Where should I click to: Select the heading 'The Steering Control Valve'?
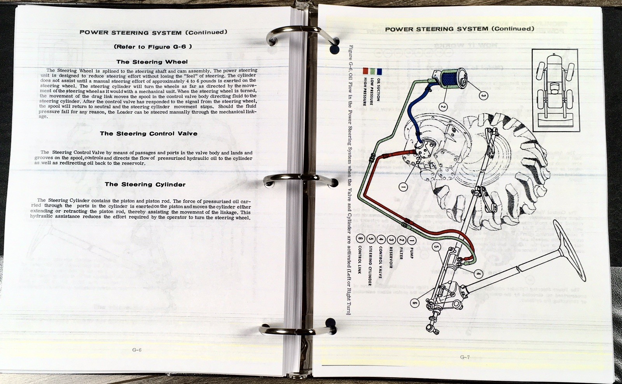[149, 134]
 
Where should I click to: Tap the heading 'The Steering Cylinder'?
[145, 185]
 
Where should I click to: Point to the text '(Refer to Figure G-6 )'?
[153, 47]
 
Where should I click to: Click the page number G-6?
[137, 350]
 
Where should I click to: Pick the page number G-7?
[465, 357]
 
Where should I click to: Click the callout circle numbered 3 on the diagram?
[483, 95]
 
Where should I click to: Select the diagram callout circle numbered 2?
[443, 106]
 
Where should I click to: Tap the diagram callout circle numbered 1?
[403, 187]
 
